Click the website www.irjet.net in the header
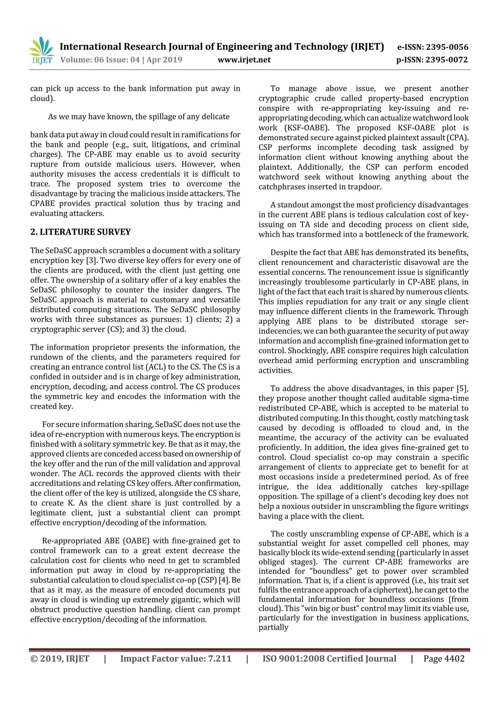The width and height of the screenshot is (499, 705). (244, 60)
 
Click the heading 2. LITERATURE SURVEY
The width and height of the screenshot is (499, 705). (81, 232)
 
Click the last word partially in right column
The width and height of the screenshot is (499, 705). (273, 627)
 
